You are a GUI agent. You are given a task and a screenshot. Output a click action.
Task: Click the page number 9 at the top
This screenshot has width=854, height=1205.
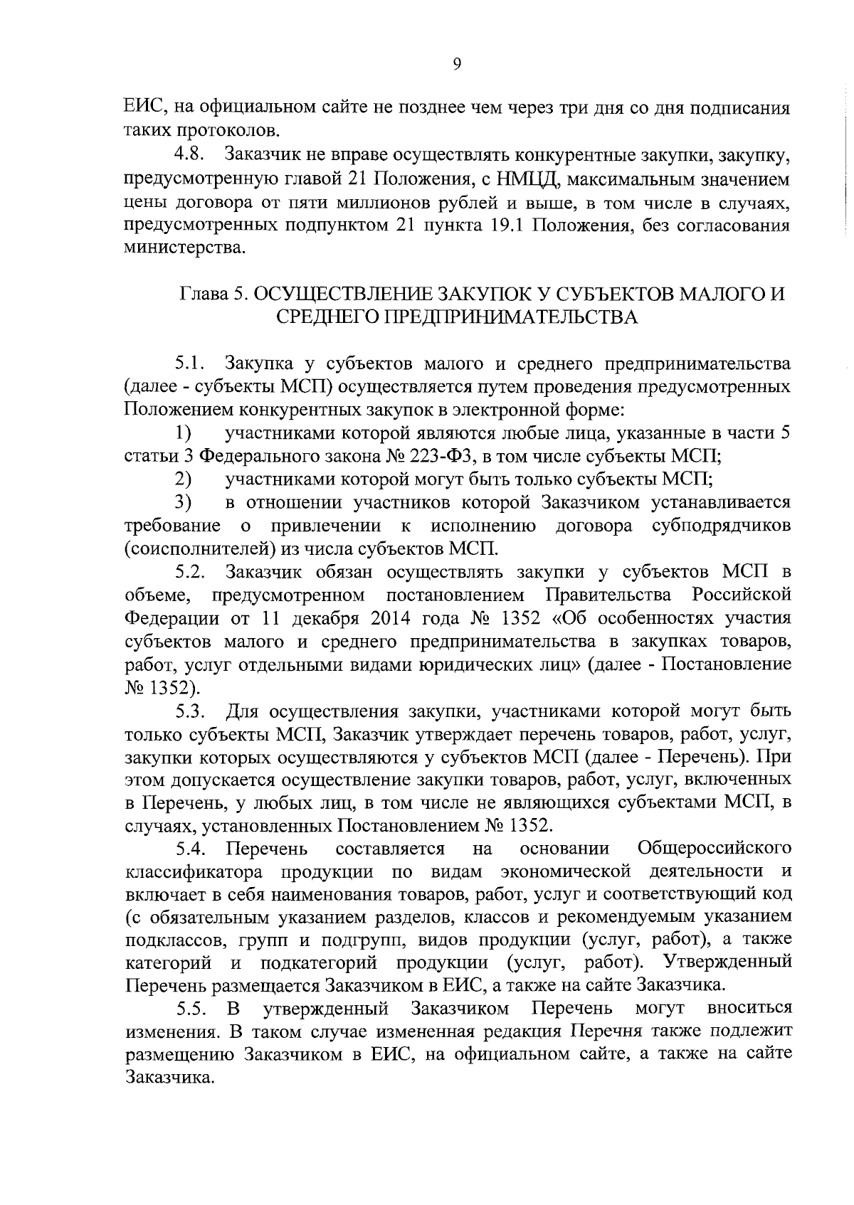point(456,65)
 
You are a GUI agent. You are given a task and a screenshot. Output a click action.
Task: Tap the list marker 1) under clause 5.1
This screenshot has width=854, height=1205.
point(184,433)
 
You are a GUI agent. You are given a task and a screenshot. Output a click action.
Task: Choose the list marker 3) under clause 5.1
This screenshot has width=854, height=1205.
point(184,502)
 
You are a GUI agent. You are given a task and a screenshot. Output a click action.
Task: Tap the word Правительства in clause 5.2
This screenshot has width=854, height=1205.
point(607,595)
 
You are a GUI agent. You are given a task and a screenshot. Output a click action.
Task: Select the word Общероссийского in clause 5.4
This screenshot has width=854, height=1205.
point(715,849)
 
